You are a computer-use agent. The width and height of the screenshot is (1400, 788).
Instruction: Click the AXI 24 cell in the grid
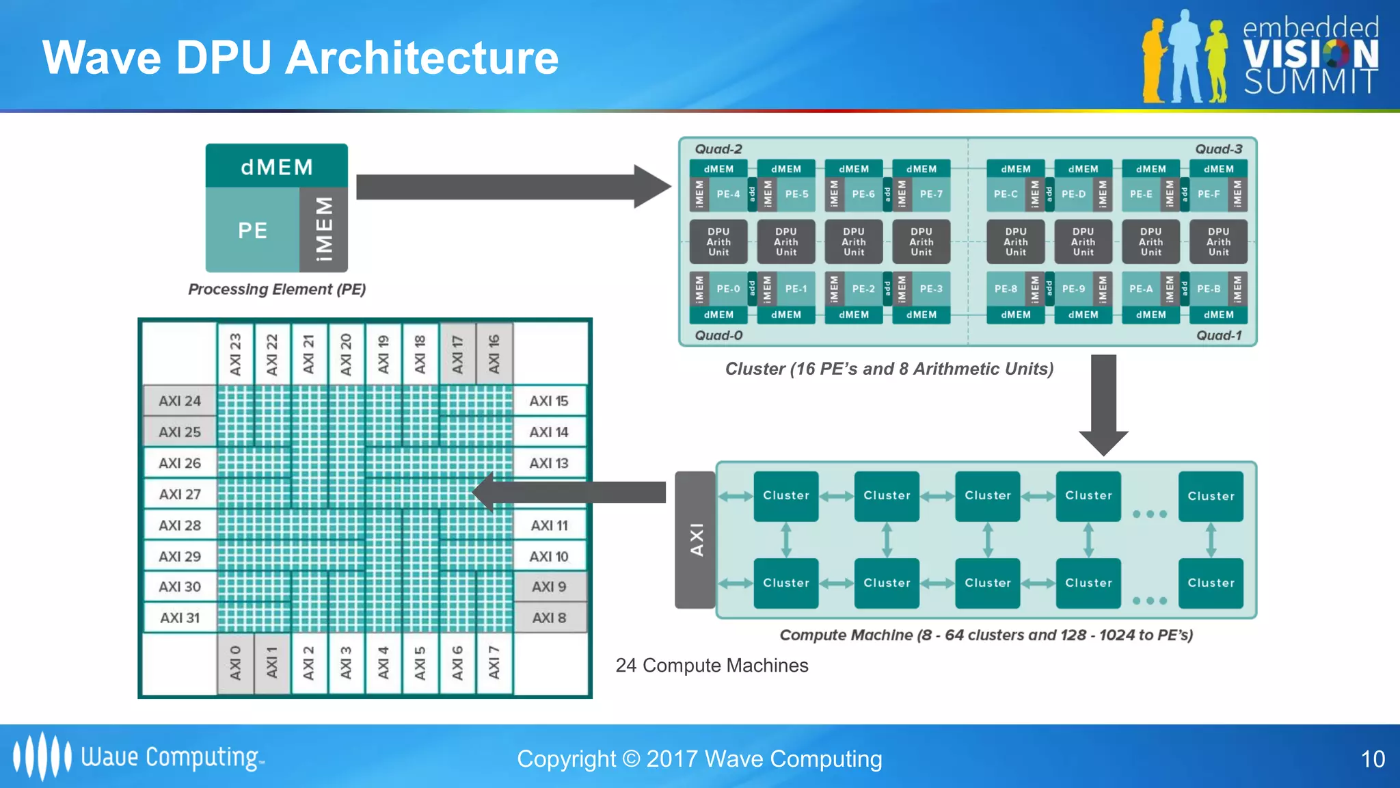coord(180,401)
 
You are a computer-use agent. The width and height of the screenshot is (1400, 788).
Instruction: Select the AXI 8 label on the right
coord(550,618)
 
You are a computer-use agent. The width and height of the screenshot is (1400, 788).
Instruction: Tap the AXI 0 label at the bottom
coord(235,663)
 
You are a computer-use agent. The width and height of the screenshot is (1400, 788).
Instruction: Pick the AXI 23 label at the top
coord(235,354)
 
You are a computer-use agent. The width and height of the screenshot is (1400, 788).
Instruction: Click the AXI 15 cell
coord(549,401)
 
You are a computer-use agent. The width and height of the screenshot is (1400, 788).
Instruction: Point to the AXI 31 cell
coord(180,618)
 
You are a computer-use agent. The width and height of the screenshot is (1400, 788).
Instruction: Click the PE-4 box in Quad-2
coord(728,194)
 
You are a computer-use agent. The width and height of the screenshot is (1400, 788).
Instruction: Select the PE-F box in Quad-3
coord(1209,194)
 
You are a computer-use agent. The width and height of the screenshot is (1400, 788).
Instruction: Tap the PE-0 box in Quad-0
coord(728,289)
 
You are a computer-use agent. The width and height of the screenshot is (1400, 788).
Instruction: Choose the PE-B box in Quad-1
coord(1209,289)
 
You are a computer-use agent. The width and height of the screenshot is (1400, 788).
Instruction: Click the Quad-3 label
coord(1218,149)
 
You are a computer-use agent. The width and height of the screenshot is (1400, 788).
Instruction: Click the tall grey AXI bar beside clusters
coord(695,540)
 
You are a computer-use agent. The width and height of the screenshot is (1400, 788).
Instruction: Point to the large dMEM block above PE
coord(277,166)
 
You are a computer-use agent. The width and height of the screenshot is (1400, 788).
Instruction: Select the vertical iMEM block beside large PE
coord(324,229)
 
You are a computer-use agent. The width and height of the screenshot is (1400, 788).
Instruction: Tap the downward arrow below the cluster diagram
coord(1103,404)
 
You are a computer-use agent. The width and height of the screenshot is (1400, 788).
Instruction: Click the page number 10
coord(1373,759)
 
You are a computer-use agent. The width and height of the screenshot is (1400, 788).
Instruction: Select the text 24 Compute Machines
coord(712,665)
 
